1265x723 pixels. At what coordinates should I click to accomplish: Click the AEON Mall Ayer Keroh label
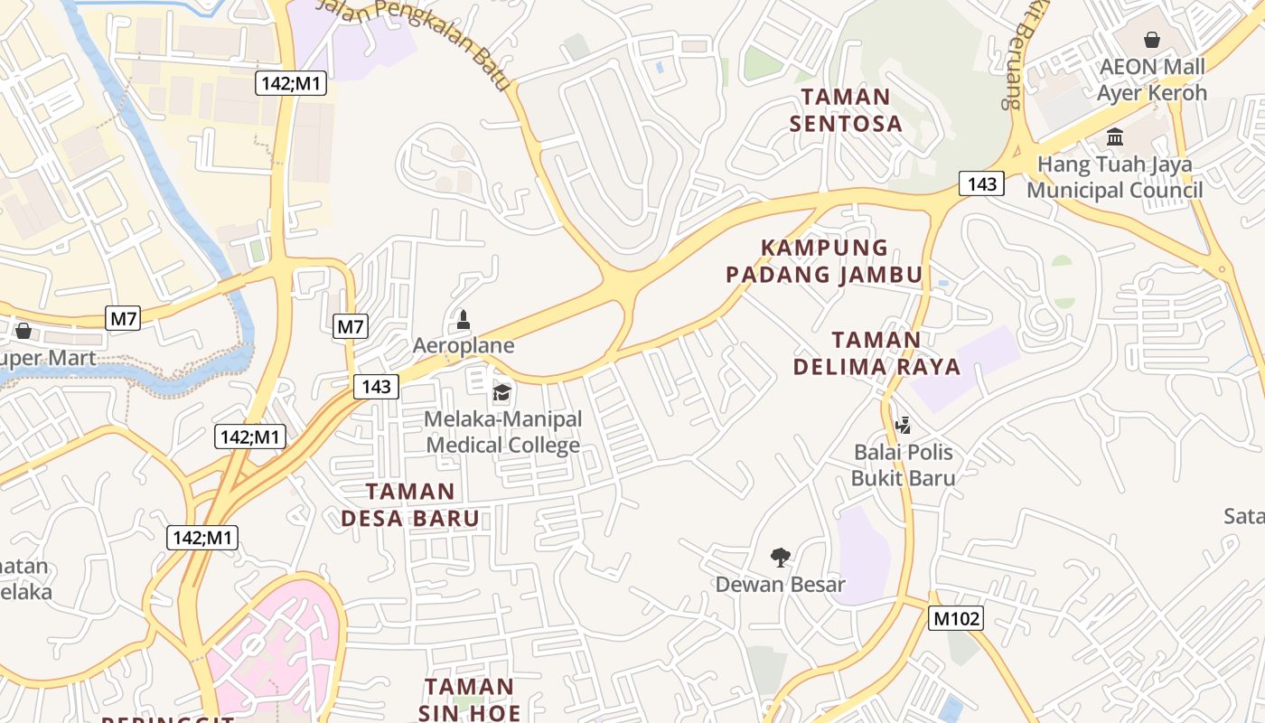pos(1151,80)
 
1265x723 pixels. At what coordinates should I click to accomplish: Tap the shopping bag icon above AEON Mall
pos(1152,40)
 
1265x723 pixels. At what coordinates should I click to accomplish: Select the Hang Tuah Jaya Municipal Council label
pos(1114,177)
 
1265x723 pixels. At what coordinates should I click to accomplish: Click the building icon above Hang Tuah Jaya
pos(1115,137)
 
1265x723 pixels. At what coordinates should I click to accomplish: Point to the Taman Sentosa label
pos(846,110)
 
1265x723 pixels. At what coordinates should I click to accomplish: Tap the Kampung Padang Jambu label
pos(824,261)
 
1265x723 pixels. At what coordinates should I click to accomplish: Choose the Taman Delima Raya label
pos(876,353)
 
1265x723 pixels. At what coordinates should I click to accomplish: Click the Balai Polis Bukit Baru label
pos(904,465)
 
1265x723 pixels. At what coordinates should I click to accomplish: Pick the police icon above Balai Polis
pos(902,425)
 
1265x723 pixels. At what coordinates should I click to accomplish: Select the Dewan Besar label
pos(781,584)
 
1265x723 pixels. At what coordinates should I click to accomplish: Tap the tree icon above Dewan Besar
pos(780,557)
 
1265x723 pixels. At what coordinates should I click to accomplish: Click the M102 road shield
pos(955,618)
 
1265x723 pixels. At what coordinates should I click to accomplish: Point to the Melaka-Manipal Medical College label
pos(503,432)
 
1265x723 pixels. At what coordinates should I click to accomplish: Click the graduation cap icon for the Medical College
pos(501,392)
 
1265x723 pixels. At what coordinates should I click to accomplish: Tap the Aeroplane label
pos(464,345)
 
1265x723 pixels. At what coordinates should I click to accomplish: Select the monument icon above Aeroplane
pos(464,319)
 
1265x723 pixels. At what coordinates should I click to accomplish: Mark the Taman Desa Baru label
pos(409,504)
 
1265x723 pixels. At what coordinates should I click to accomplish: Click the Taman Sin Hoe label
pos(469,699)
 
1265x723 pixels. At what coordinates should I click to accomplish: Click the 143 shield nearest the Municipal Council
pos(981,184)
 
